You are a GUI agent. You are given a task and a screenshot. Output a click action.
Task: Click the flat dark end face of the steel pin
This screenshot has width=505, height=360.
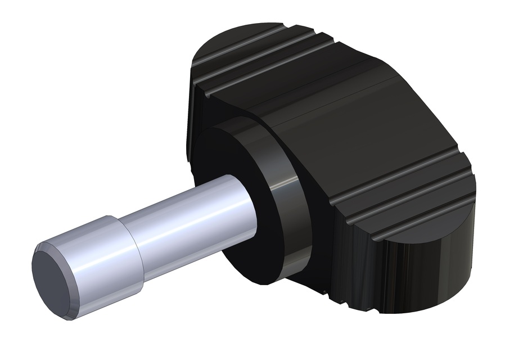coord(53,281)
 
